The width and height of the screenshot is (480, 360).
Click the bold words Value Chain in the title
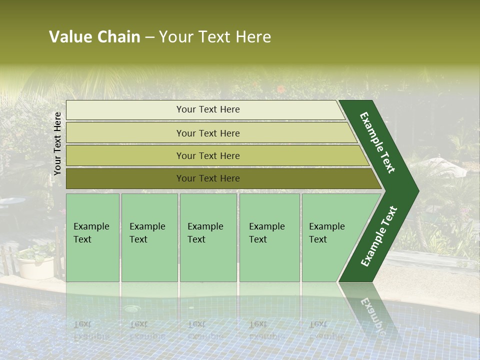(94, 37)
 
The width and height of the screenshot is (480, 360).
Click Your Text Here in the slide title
(215, 37)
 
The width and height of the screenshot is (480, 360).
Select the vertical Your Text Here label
(57, 143)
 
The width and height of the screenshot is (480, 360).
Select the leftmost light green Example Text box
(92, 237)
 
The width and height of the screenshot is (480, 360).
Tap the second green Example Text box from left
(149, 237)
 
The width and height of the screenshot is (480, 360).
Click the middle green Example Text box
(208, 237)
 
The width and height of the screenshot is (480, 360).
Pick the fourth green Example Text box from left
(269, 237)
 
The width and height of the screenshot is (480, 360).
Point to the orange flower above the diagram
(281, 89)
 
